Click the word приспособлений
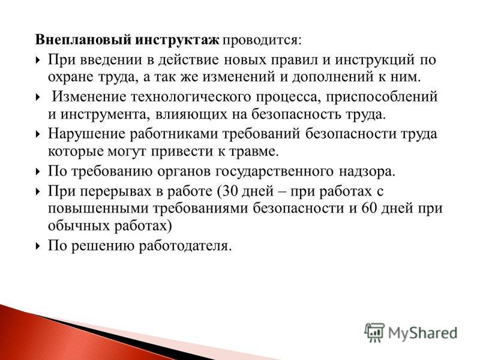coord(382,97)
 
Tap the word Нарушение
coord(87,134)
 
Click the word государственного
coord(274,172)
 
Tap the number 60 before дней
coord(370,208)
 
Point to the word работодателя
coord(185,247)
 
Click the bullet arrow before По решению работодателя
coord(38,246)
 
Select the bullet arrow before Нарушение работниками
coord(38,134)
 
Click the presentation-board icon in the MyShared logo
coord(374,332)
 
